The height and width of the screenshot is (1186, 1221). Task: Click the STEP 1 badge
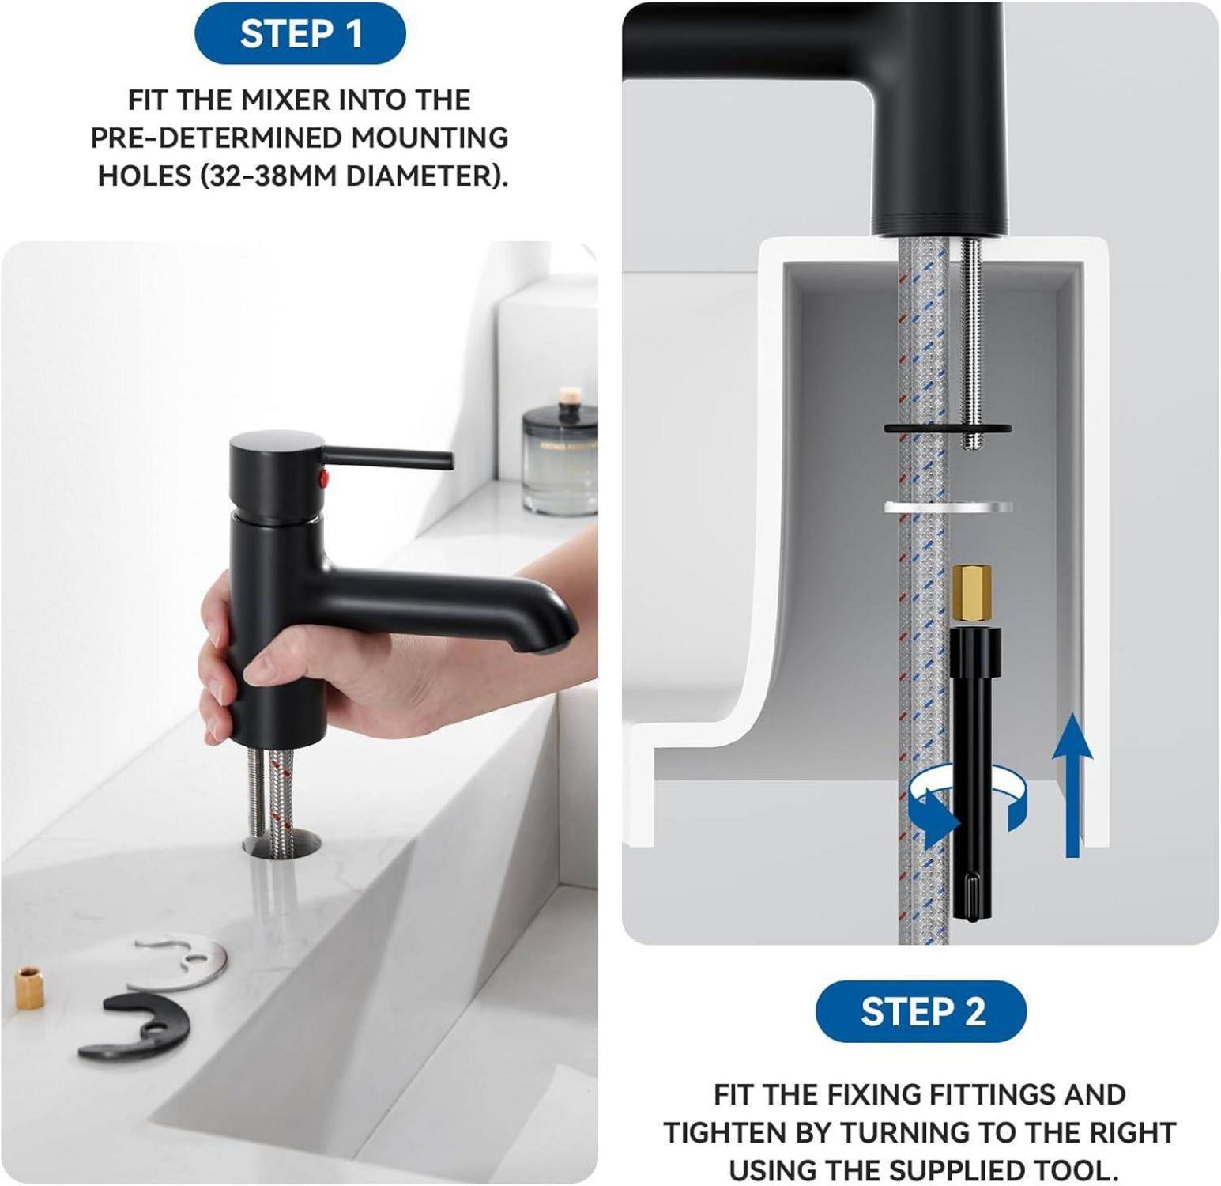click(x=300, y=34)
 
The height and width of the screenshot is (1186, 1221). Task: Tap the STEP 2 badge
click(x=921, y=1011)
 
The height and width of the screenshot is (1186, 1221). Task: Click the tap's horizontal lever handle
click(x=387, y=458)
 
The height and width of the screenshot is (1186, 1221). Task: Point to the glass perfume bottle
click(x=560, y=455)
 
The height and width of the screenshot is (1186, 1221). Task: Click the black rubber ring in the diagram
click(x=948, y=429)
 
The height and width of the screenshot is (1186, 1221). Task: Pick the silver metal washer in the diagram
click(x=948, y=508)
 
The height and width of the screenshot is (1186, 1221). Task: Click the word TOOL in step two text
click(x=1083, y=1169)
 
